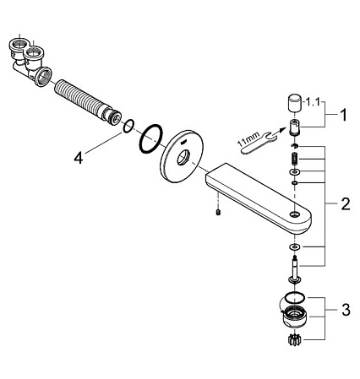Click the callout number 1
pyautogui.click(x=343, y=115)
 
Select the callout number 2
pyautogui.click(x=346, y=203)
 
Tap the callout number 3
pyautogui.click(x=346, y=310)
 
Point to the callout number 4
pyautogui.click(x=79, y=158)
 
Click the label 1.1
pyautogui.click(x=313, y=102)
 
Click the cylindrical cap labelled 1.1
pyautogui.click(x=295, y=102)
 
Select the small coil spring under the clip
pyautogui.click(x=295, y=160)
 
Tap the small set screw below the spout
pyautogui.click(x=218, y=213)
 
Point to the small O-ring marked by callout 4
pyautogui.click(x=128, y=126)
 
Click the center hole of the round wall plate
pyautogui.click(x=183, y=158)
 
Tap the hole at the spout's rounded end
pyautogui.click(x=295, y=214)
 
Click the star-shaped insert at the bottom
pyautogui.click(x=294, y=339)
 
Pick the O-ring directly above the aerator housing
pyautogui.click(x=295, y=296)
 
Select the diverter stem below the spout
pyautogui.click(x=295, y=268)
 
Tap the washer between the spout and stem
pyautogui.click(x=295, y=247)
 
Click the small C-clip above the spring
pyautogui.click(x=294, y=146)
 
